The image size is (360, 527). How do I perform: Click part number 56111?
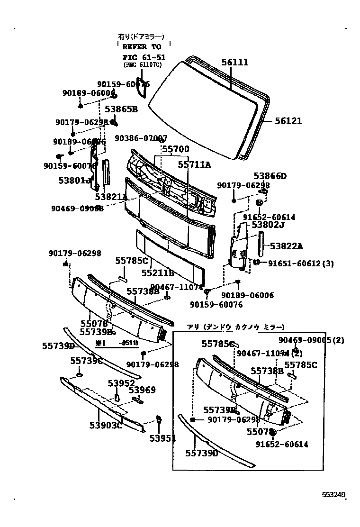click(x=234, y=63)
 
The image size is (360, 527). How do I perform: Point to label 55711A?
click(x=194, y=164)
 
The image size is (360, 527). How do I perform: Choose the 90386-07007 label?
click(x=141, y=138)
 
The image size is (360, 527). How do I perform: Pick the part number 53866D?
click(x=270, y=176)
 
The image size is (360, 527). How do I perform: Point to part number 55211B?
click(x=158, y=273)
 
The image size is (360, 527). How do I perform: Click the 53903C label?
click(x=106, y=425)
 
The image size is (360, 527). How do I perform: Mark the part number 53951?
click(x=162, y=438)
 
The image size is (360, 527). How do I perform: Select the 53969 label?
click(x=142, y=390)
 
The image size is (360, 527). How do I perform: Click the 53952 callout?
click(x=121, y=383)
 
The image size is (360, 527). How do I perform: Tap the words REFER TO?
click(x=142, y=47)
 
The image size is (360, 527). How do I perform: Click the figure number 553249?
click(x=334, y=494)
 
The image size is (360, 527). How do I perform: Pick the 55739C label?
click(x=86, y=361)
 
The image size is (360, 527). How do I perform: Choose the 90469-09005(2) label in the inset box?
click(x=311, y=340)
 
